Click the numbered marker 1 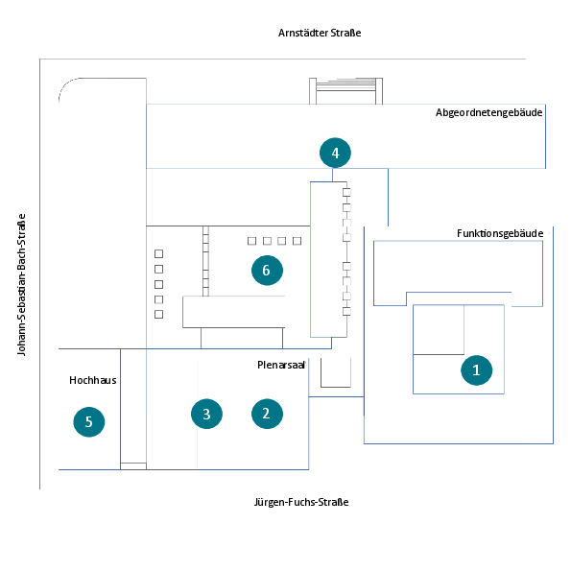click(x=476, y=370)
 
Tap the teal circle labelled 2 click(x=267, y=414)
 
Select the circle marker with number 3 click(x=206, y=414)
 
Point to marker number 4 click(x=335, y=153)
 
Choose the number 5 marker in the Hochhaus click(x=89, y=421)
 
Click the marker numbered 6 click(x=267, y=271)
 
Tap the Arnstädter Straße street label click(x=320, y=33)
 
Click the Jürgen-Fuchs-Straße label click(x=301, y=502)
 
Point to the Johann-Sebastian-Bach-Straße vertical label click(x=21, y=284)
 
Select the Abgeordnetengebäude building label click(x=488, y=112)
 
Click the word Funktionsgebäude click(x=500, y=233)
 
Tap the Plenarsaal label click(x=281, y=365)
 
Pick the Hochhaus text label click(x=93, y=380)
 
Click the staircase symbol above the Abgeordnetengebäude click(x=345, y=90)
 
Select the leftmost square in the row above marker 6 click(x=251, y=241)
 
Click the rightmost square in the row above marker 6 click(x=297, y=241)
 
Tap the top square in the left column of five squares click(x=158, y=253)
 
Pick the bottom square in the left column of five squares click(x=158, y=314)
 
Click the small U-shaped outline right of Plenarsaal click(x=336, y=387)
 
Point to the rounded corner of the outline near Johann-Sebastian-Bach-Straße click(x=65, y=84)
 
